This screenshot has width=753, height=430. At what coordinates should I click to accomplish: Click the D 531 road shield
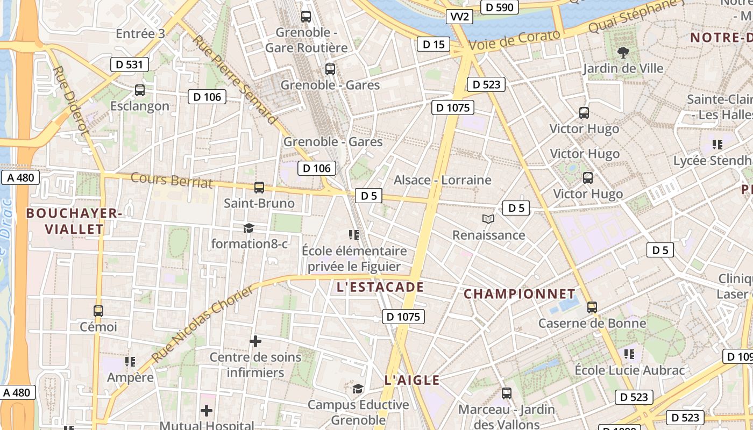pos(129,65)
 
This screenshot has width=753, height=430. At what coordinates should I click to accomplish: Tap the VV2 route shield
pos(460,17)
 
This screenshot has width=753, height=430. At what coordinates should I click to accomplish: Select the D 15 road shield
pos(434,44)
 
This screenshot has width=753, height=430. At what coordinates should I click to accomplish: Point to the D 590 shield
pos(501,7)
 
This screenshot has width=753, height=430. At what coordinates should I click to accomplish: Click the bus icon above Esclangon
pos(140,90)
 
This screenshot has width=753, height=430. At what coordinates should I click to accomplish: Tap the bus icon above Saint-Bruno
pos(259,188)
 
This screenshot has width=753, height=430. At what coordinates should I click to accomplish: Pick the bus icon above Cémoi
pos(98,311)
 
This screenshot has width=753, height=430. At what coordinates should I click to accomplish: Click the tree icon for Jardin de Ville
pos(623,52)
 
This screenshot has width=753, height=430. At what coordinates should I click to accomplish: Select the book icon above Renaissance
pos(488,219)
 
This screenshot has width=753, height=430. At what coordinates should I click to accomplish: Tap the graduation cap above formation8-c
pos(248,228)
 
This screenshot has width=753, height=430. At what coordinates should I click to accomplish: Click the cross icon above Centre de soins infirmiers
pos(255,341)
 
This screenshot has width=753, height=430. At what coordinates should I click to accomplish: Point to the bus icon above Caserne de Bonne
pos(592,307)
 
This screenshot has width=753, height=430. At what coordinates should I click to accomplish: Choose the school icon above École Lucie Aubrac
pos(629,354)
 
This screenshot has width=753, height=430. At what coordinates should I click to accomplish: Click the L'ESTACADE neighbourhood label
pos(380,287)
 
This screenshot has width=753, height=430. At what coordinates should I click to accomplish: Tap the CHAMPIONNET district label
pos(520,294)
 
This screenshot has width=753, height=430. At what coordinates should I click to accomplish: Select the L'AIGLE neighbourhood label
pos(412,380)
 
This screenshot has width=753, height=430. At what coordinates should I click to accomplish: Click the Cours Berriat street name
pos(172,180)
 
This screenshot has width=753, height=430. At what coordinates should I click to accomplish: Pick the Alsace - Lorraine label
pos(443,180)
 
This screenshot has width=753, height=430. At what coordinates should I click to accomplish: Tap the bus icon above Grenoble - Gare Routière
pos(306,17)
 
